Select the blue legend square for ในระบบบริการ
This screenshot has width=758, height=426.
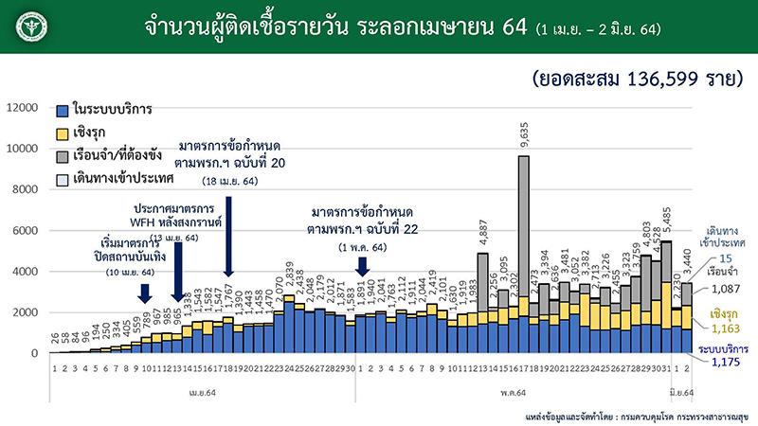[63, 109]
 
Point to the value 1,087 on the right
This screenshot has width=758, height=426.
[726, 292]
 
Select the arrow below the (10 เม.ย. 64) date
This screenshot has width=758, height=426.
[145, 294]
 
